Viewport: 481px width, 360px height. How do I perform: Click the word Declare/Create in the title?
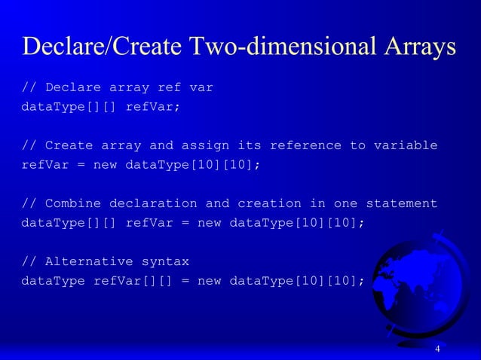point(101,47)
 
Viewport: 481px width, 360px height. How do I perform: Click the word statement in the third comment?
point(401,203)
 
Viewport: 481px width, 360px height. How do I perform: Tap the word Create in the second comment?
point(69,145)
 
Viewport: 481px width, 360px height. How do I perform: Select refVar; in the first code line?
point(153,106)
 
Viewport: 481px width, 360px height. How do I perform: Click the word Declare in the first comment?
point(73,87)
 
